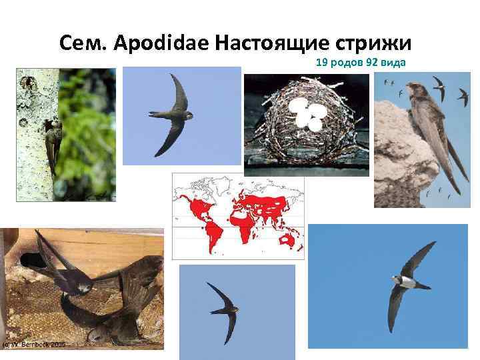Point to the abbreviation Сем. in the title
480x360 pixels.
(84, 43)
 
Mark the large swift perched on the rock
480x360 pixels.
(433, 133)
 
